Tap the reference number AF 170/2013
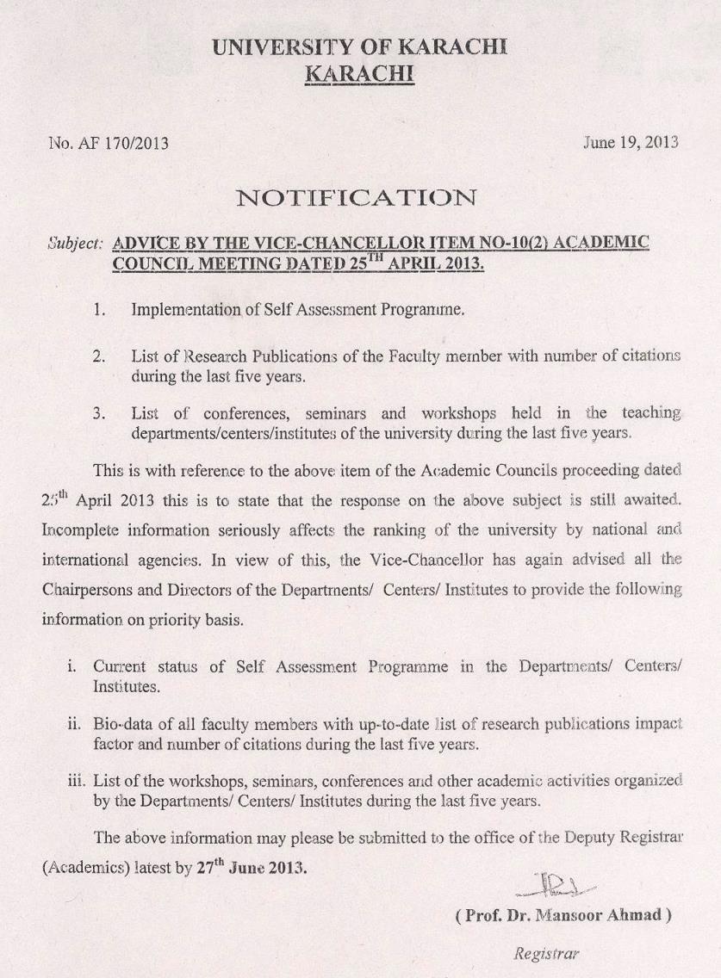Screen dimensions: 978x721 tap(120, 143)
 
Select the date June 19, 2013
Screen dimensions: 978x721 tap(631, 142)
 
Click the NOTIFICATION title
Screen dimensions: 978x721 tap(357, 198)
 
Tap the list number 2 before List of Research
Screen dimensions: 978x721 tap(99, 356)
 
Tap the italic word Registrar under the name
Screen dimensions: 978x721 tap(546, 953)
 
